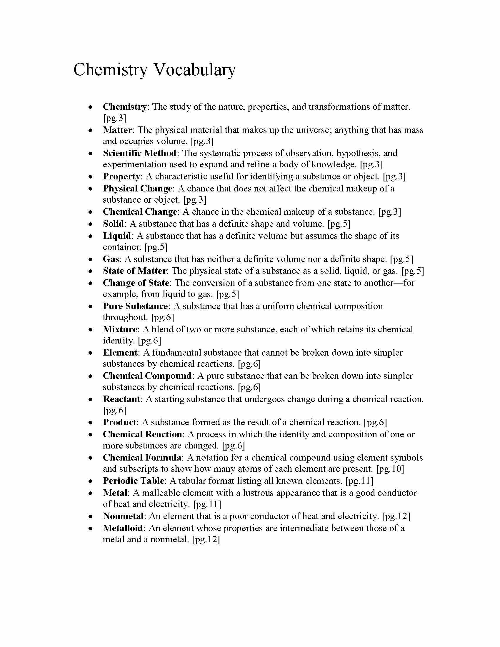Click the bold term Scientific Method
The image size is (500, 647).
[x=139, y=153]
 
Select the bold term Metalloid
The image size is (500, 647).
[x=123, y=528]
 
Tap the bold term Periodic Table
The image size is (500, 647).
[x=133, y=481]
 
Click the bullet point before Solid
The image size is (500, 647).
[x=91, y=224]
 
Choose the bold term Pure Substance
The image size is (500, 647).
[x=135, y=306]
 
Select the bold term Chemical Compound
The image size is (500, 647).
[x=147, y=376]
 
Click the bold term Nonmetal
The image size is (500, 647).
[x=123, y=516]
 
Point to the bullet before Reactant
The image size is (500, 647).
[x=91, y=400]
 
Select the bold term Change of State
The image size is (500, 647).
[x=136, y=283]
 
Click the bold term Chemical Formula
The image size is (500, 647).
[x=142, y=457]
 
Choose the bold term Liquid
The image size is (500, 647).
[x=117, y=236]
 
